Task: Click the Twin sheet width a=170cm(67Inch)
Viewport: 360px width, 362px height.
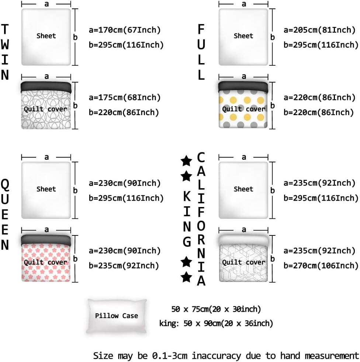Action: click(125, 30)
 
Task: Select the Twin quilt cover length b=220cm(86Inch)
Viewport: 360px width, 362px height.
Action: click(124, 112)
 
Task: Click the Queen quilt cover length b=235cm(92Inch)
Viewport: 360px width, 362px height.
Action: click(124, 265)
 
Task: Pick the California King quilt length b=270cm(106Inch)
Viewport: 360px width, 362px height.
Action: click(321, 265)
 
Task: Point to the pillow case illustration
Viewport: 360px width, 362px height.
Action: click(117, 316)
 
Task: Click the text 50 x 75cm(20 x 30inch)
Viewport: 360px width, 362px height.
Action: click(216, 309)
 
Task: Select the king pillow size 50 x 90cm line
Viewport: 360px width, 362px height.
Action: click(216, 324)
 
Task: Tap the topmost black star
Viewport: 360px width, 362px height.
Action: click(187, 161)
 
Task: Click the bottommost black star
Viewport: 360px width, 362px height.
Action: click(187, 277)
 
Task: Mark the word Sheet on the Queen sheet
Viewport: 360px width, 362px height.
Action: click(46, 189)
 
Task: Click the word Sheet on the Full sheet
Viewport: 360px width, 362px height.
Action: click(243, 36)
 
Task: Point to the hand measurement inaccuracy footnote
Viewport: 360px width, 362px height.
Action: click(226, 356)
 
